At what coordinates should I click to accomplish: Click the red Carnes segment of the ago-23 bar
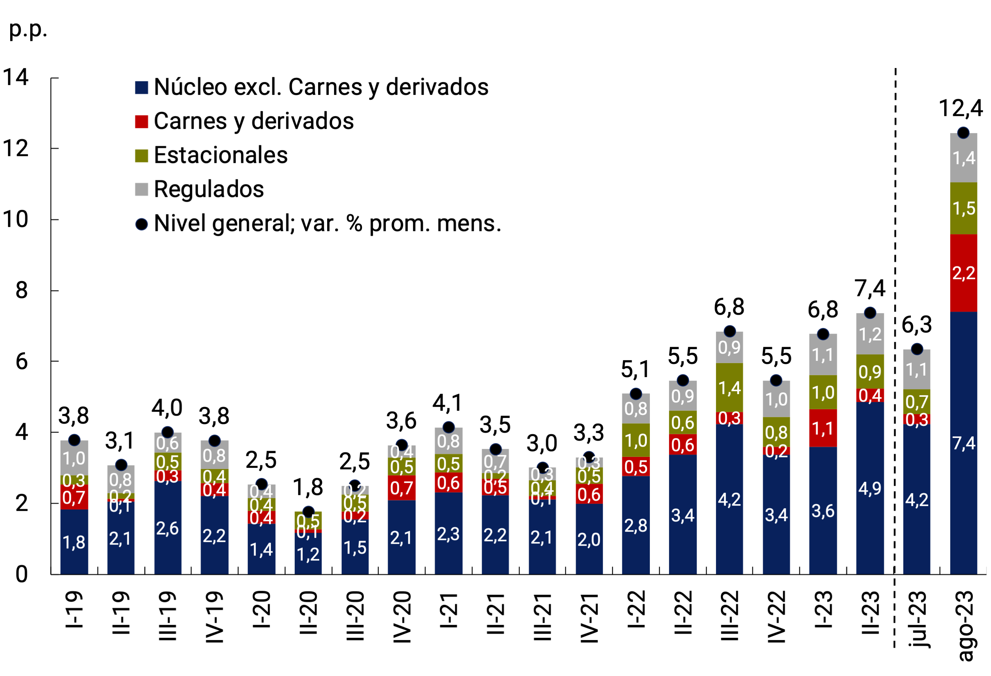963,273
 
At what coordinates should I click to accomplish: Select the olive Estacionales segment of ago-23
963,208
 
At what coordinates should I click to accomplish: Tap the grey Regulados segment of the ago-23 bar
963,158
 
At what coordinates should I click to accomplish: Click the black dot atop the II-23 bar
869,312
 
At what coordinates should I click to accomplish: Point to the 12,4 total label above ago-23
960,108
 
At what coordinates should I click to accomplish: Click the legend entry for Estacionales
220,155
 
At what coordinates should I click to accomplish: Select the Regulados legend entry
208,189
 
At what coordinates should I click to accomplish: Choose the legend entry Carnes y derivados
253,121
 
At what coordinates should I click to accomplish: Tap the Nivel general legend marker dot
142,224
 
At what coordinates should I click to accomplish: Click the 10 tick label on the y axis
16,219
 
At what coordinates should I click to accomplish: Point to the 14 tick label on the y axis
16,77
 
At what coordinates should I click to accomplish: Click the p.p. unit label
28,29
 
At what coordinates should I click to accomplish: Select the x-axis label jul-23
917,619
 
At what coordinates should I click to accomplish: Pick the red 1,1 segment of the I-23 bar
822,428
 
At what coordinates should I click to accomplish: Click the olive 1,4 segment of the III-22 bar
729,388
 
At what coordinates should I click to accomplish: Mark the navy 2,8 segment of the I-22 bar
635,526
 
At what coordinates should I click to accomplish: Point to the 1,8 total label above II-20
308,487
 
